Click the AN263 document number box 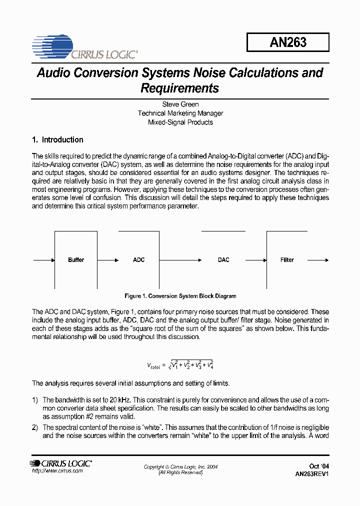[x=287, y=42]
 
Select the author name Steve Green [x=180, y=104]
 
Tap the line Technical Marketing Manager [x=180, y=113]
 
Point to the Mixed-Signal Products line [x=180, y=122]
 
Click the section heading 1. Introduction [x=57, y=140]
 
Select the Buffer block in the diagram [x=76, y=260]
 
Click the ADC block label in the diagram [x=138, y=260]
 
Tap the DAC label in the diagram [x=223, y=260]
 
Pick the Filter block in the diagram [x=287, y=260]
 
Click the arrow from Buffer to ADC [x=107, y=260]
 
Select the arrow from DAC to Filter [x=256, y=260]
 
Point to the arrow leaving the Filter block [x=318, y=260]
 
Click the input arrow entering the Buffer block [x=43, y=260]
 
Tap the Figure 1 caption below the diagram [x=180, y=296]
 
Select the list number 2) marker [x=35, y=427]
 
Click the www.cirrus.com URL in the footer [x=57, y=471]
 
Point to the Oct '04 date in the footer [x=319, y=466]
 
